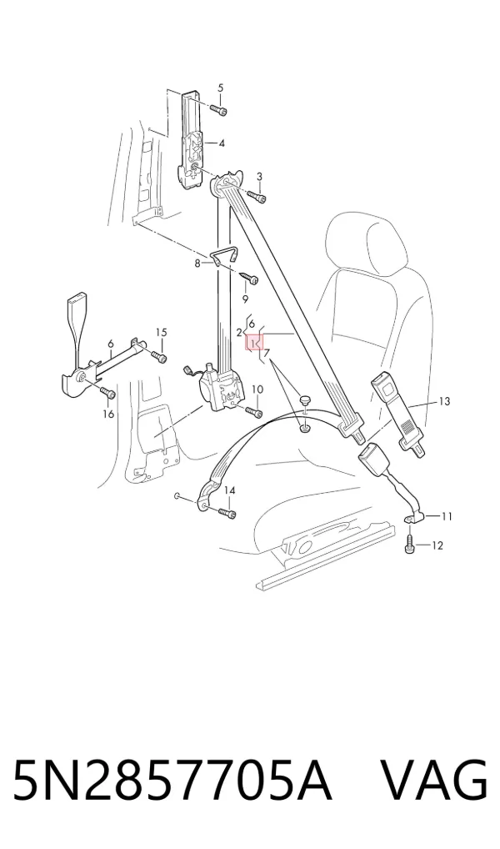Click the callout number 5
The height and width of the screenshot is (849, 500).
point(220,88)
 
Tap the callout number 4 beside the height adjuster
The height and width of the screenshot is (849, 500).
point(222,143)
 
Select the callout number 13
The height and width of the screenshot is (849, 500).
point(444,401)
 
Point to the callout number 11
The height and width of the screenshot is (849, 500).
point(447,516)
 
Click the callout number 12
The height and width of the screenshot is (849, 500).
point(437,545)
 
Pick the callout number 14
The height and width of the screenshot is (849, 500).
point(230,490)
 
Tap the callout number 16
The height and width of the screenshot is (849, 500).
point(108,414)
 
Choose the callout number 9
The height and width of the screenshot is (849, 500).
point(245,299)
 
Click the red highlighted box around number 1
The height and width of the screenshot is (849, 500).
point(255,343)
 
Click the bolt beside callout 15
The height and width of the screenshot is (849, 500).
point(159,356)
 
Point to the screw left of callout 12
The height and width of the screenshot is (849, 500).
point(410,545)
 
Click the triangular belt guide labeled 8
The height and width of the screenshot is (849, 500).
point(223,256)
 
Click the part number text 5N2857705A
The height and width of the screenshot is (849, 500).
point(171,781)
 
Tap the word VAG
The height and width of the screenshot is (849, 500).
point(433,781)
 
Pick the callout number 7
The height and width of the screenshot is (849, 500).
point(266,354)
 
